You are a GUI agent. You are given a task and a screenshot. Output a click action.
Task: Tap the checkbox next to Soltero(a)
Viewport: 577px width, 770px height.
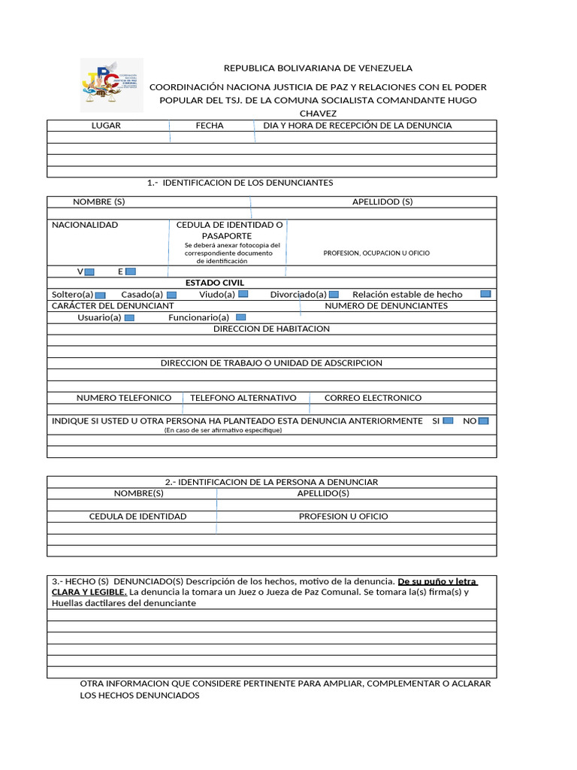(101, 295)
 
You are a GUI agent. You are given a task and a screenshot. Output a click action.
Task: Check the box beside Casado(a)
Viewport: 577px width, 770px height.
(171, 295)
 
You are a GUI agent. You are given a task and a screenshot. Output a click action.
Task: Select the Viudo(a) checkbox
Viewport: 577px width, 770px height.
(243, 294)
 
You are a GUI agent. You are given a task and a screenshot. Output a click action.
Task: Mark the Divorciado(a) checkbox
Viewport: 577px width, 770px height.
(334, 295)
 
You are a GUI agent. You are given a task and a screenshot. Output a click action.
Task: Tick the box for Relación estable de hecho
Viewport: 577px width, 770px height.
(485, 294)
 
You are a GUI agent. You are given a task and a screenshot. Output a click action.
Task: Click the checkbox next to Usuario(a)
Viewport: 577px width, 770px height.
(129, 318)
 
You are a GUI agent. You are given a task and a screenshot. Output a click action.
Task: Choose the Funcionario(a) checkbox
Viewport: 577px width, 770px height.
(241, 317)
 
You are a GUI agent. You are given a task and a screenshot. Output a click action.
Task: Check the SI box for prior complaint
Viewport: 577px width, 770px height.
(448, 420)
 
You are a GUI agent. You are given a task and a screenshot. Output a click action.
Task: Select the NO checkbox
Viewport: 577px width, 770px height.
(483, 420)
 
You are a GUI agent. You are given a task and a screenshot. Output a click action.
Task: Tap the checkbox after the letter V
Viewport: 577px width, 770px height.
(89, 271)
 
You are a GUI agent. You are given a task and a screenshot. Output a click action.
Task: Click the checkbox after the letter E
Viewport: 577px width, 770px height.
(131, 271)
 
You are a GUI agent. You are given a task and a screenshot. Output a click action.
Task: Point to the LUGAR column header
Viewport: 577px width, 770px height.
(106, 126)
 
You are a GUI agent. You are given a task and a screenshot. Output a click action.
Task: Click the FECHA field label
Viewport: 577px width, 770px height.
(210, 126)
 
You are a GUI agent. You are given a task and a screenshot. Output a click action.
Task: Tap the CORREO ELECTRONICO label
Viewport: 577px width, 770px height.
(373, 398)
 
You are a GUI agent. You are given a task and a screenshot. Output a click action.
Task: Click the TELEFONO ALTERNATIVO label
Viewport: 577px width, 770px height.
(243, 398)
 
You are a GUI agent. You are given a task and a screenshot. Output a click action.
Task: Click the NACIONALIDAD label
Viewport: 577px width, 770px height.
(85, 225)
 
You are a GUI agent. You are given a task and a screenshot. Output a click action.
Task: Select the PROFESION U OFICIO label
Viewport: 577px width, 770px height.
(343, 517)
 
